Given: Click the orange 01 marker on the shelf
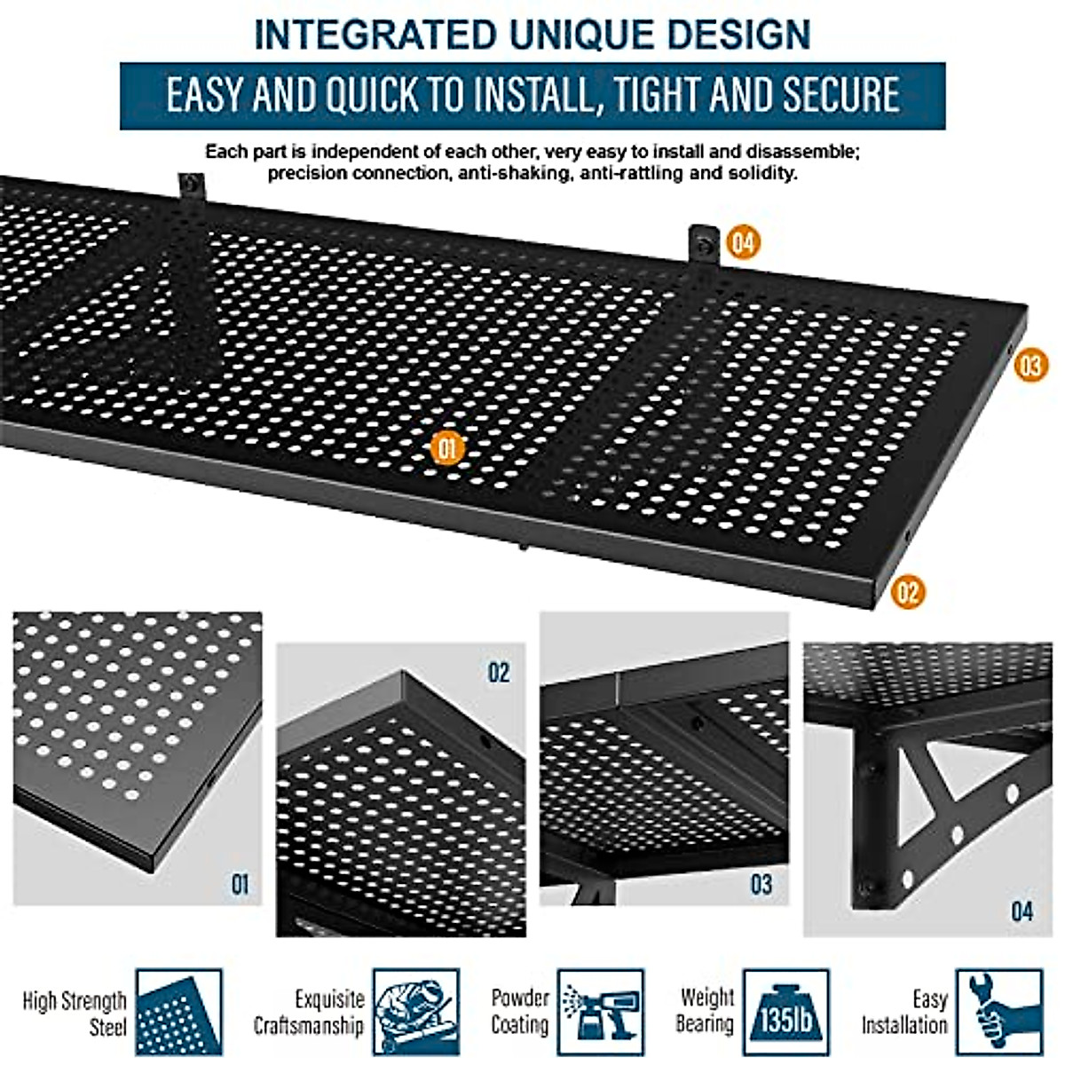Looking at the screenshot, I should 446,448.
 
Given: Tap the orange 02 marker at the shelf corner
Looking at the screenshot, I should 907,592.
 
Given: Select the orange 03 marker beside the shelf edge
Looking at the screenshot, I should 1030,365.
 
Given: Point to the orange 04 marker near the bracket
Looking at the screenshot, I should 743,242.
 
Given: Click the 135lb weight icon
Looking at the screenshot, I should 785,1012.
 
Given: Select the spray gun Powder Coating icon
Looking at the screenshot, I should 600,1012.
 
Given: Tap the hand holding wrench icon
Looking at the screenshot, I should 998,1012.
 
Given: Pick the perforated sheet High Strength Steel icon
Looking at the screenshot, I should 178,1012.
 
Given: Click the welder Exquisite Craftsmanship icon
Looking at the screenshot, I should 415,1012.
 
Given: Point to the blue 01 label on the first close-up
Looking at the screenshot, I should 240,884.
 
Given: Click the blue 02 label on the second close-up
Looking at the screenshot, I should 499,673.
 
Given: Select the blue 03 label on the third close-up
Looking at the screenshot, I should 761,884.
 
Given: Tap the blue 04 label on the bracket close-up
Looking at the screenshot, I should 1022,911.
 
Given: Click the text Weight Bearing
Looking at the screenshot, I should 706,1011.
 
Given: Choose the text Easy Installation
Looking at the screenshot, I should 905,1012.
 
